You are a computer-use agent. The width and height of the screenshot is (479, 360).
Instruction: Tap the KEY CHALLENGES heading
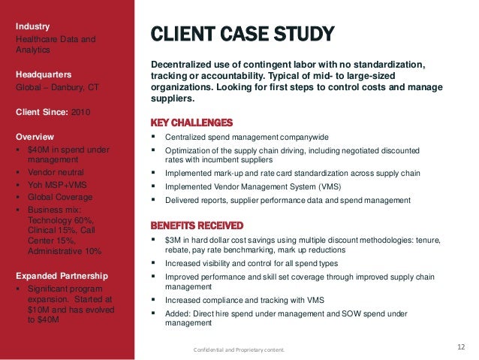tap(191, 123)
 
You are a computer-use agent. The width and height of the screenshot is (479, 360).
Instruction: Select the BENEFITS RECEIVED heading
tap(197, 225)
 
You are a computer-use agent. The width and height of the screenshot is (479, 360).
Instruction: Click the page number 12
tap(462, 346)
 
